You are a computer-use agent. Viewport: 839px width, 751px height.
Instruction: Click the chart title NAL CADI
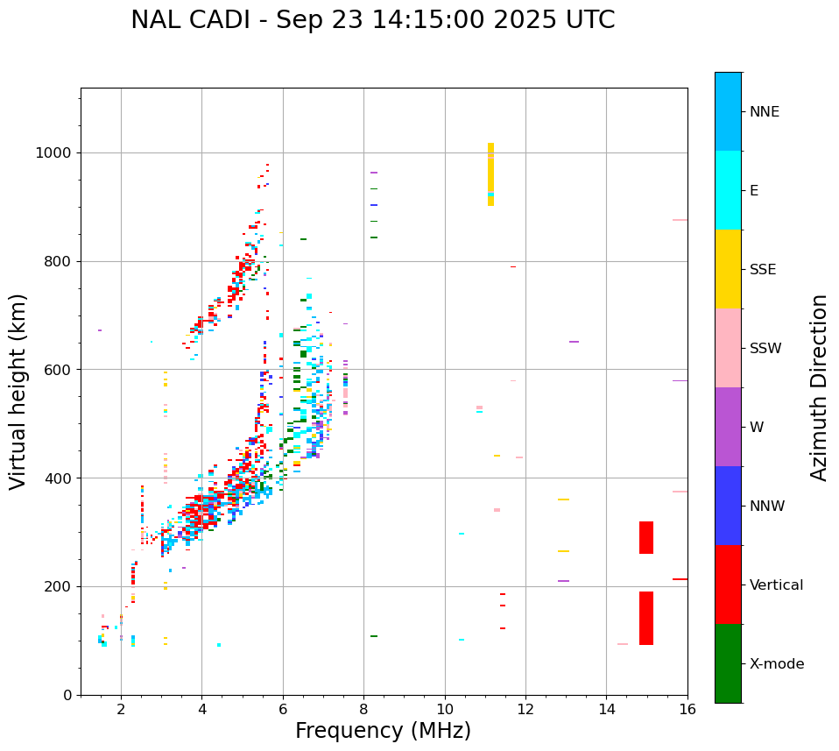coord(372,20)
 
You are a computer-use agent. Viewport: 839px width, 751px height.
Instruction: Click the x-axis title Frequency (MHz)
coord(383,731)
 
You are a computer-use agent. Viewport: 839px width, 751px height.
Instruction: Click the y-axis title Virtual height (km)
coord(18,392)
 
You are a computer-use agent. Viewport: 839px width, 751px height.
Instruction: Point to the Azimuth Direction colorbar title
coord(819,387)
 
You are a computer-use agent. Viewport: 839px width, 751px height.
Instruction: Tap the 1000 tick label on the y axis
coord(53,153)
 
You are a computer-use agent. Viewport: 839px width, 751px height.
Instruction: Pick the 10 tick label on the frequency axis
coord(445,708)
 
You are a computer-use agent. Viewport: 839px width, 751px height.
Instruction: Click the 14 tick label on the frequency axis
coord(606,708)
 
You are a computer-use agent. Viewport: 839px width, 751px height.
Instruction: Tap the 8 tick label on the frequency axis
coord(363,708)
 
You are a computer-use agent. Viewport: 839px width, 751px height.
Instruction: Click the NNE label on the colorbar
coord(764,112)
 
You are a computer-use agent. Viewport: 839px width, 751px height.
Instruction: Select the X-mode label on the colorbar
coord(776,664)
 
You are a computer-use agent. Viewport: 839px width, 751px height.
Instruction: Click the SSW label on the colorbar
coord(765,349)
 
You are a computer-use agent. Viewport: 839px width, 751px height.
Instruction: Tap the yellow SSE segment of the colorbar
coord(728,269)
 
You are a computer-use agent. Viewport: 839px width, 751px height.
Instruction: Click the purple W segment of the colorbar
coord(728,427)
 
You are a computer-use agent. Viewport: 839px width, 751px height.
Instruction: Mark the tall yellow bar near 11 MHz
coord(490,174)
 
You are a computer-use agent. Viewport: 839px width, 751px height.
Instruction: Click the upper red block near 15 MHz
coord(646,537)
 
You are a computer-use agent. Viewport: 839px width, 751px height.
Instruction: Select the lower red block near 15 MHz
coord(646,619)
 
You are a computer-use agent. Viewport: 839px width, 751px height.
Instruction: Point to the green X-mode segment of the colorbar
coord(728,663)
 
